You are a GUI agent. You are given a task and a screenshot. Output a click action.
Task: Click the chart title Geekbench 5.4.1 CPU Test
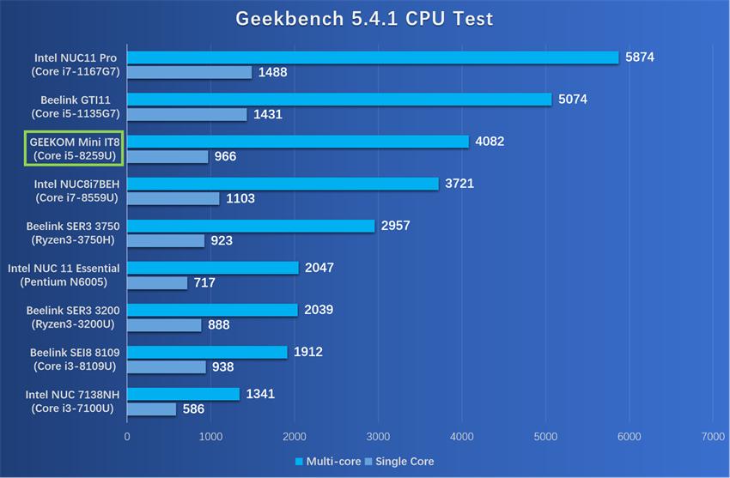pyautogui.click(x=365, y=19)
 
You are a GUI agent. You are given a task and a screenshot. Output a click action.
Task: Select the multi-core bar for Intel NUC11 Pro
pyautogui.click(x=373, y=57)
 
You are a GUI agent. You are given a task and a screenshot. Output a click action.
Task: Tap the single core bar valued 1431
pyautogui.click(x=187, y=114)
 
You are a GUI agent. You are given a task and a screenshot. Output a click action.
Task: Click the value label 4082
pyautogui.click(x=490, y=141)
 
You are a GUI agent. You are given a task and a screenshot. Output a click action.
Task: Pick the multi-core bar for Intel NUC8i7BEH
pyautogui.click(x=283, y=184)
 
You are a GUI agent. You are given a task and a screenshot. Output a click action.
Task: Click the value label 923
pyautogui.click(x=222, y=240)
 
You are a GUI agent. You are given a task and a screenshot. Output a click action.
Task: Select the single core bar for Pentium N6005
pyautogui.click(x=157, y=282)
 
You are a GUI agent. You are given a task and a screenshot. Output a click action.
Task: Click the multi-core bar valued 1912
pyautogui.click(x=207, y=352)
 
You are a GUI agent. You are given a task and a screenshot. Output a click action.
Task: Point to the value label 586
pyautogui.click(x=193, y=408)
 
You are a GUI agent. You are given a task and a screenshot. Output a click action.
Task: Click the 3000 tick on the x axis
pyautogui.click(x=378, y=436)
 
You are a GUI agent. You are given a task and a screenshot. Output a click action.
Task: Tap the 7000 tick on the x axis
pyautogui.click(x=712, y=436)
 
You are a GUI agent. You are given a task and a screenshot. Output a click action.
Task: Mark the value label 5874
pyautogui.click(x=640, y=57)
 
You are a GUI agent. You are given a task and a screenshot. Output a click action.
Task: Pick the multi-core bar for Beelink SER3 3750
pyautogui.click(x=251, y=226)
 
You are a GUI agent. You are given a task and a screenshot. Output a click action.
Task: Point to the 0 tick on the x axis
pyautogui.click(x=127, y=436)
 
